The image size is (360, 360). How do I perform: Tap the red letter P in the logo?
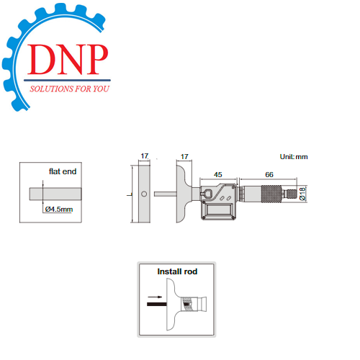[x=96, y=59]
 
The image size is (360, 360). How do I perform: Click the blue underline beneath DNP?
[x=67, y=80]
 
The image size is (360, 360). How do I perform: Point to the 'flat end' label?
[x=63, y=171]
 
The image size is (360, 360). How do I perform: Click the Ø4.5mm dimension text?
[x=59, y=210]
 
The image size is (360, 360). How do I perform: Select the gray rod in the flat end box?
[x=55, y=194]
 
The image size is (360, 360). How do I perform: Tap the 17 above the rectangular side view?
[x=145, y=156]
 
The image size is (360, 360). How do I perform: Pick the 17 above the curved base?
[x=184, y=157]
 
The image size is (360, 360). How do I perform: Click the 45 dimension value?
[x=218, y=174]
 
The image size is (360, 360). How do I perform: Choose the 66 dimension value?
[x=269, y=174]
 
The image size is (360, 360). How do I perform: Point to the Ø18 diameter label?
[x=302, y=194]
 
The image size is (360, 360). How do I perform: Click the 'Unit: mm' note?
[x=294, y=157]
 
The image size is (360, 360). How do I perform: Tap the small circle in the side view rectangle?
[x=144, y=194]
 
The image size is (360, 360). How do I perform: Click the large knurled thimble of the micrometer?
[x=271, y=194]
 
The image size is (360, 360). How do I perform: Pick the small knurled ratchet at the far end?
[x=292, y=194]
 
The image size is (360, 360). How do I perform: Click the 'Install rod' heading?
[x=177, y=271]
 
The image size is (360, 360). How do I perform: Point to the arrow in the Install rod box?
[x=155, y=297]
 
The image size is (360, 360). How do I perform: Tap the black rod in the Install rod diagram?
[x=157, y=304]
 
